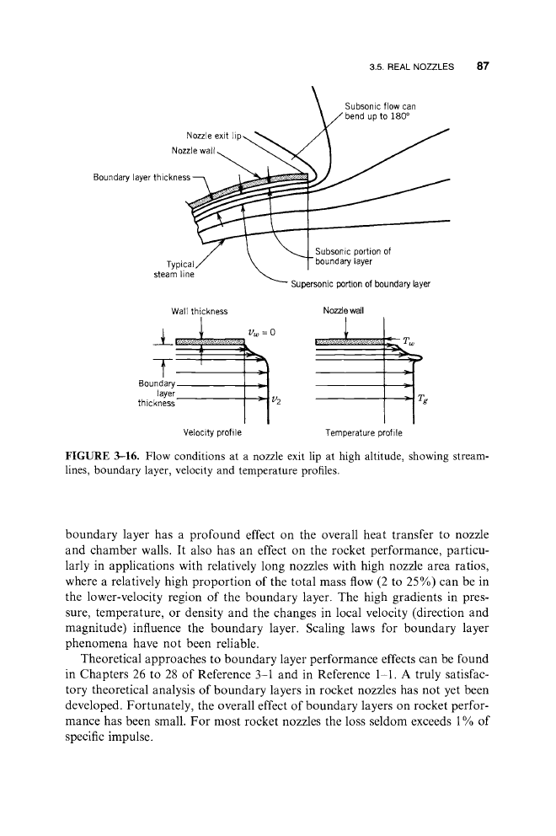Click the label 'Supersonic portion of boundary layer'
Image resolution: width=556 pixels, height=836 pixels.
[360, 284]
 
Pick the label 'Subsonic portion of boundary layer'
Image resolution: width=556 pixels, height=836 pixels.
[351, 255]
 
